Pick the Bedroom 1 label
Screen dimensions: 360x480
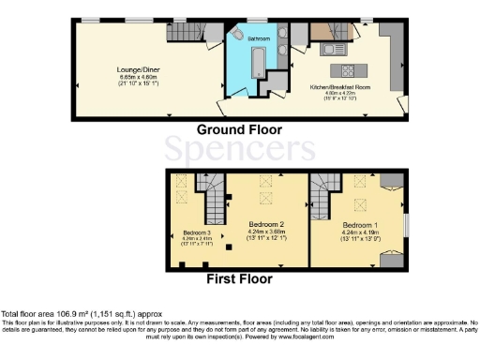pos(360,226)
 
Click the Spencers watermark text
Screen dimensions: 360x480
pos(240,151)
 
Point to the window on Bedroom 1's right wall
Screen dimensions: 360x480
pos(405,226)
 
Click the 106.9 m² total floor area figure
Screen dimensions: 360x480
pos(64,312)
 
